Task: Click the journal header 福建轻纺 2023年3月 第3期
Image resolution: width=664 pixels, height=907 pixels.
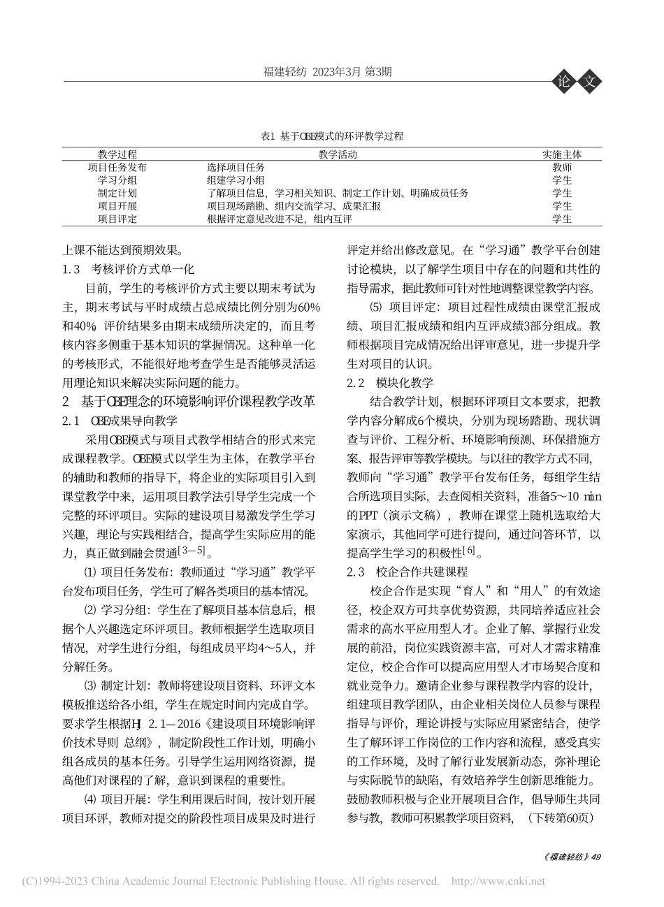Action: point(326,71)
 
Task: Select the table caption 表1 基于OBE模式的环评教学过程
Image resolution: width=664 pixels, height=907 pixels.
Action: point(331,136)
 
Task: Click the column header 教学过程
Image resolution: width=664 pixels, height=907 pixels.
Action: point(117,154)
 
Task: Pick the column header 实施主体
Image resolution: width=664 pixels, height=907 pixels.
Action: point(562,154)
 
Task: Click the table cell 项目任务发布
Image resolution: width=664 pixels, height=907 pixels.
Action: point(117,168)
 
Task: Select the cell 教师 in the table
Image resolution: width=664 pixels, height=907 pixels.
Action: point(562,168)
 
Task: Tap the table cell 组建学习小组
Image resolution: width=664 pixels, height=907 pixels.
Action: point(236,180)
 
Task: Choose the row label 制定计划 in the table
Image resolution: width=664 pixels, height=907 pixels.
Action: point(117,194)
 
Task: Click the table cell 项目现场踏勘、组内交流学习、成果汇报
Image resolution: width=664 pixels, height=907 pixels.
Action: point(294,206)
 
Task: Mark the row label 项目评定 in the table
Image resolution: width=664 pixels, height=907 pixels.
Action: point(117,219)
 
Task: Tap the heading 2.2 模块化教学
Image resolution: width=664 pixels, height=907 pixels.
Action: point(390,382)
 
